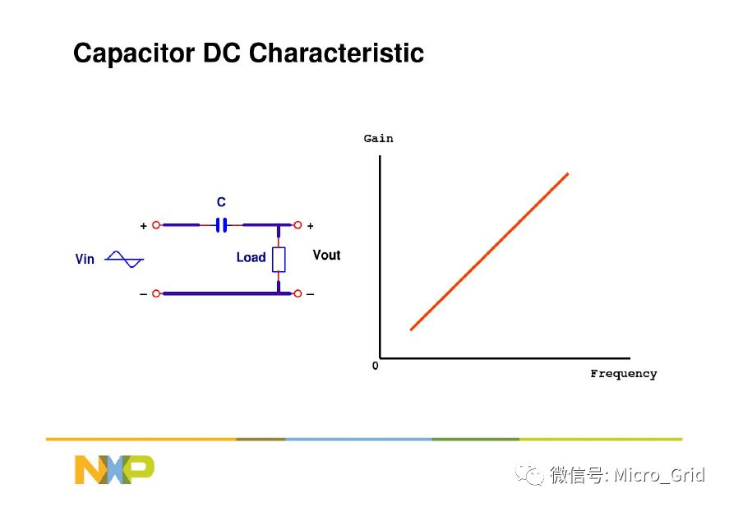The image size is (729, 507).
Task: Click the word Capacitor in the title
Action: tap(134, 53)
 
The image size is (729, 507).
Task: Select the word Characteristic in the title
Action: tap(336, 53)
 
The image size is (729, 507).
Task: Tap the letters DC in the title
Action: tap(222, 53)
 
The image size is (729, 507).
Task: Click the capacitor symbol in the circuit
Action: tap(222, 225)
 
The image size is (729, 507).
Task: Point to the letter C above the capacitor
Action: tap(221, 202)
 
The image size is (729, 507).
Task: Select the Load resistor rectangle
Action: tap(279, 260)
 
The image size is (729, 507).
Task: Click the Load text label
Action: tap(251, 257)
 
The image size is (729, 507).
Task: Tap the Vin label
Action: tap(85, 259)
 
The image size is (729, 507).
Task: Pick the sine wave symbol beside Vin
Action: tap(124, 260)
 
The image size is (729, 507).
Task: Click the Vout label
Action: tap(326, 255)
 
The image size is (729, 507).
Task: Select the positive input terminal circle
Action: tap(156, 225)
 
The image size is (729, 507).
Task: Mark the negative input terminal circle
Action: tap(156, 293)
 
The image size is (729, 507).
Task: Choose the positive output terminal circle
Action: tap(298, 225)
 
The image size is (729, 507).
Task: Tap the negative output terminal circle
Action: tap(298, 293)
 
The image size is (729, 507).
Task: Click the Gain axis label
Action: tap(378, 139)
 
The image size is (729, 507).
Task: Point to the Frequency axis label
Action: tap(624, 374)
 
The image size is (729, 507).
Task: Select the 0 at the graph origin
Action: tap(376, 366)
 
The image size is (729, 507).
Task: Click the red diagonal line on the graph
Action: tap(490, 251)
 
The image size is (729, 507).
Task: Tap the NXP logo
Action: tap(114, 469)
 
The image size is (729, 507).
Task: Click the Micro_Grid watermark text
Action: tap(659, 475)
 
